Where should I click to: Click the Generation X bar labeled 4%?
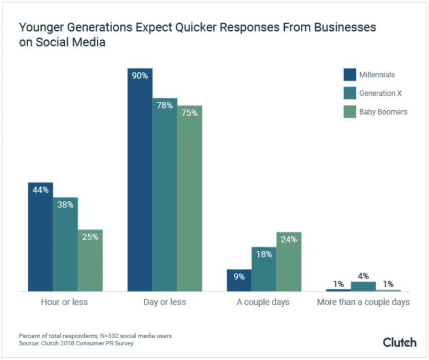[363, 286]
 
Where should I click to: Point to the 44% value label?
[40, 190]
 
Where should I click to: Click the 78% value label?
[164, 105]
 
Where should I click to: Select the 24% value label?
[289, 239]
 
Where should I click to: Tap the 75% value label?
[189, 113]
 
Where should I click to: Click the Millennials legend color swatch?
[349, 75]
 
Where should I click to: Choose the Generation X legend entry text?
[380, 93]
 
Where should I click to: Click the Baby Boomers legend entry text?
[383, 112]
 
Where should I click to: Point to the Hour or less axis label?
[65, 302]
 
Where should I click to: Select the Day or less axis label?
[164, 302]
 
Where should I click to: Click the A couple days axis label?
[263, 302]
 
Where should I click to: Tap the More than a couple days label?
[363, 302]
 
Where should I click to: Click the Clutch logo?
[399, 342]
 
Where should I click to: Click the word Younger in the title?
[39, 27]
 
